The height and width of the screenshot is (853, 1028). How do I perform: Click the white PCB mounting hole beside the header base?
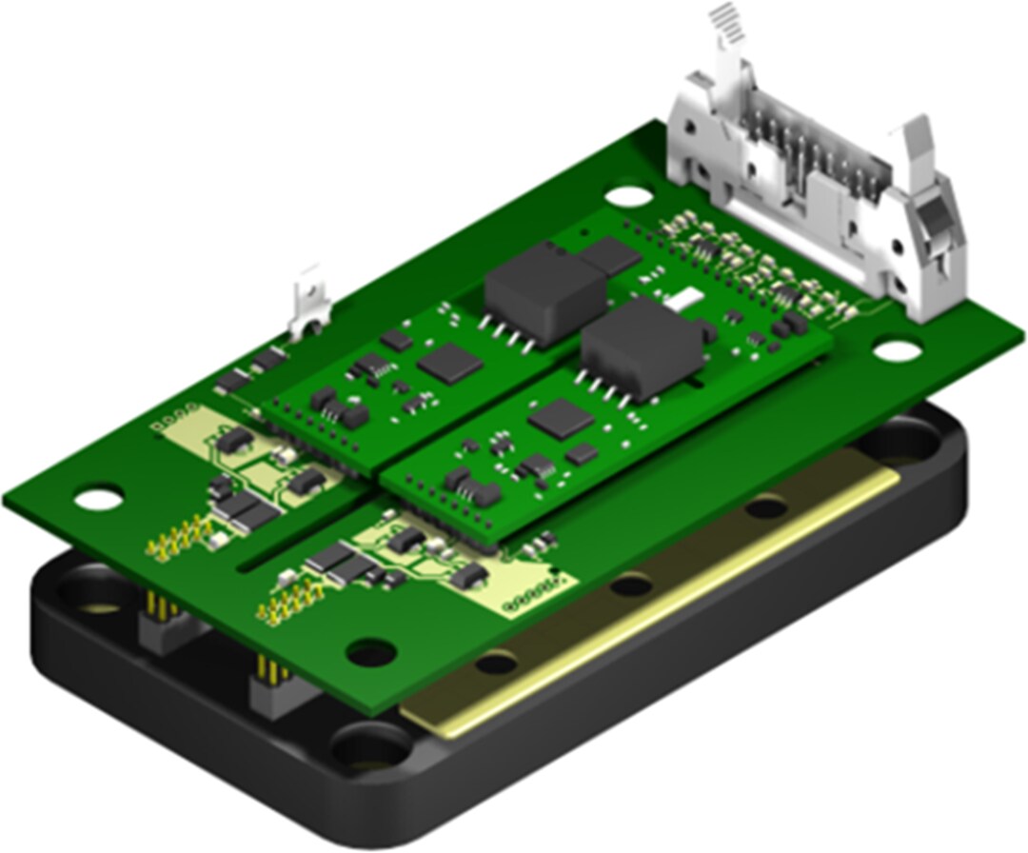627,196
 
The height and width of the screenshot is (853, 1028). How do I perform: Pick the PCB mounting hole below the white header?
896,350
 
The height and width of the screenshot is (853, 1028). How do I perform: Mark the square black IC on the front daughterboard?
561,420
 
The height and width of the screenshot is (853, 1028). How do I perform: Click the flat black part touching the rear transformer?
609,254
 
